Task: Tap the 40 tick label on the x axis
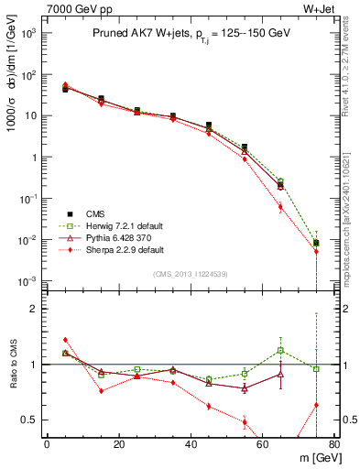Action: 191,445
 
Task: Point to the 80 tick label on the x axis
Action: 334,445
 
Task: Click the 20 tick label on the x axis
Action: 118,445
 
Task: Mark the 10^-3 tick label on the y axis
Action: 28,280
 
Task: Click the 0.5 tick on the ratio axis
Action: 29,420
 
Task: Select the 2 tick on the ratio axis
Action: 33,309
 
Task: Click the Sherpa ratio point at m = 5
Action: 65,340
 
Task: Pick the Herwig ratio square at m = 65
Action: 280,350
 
